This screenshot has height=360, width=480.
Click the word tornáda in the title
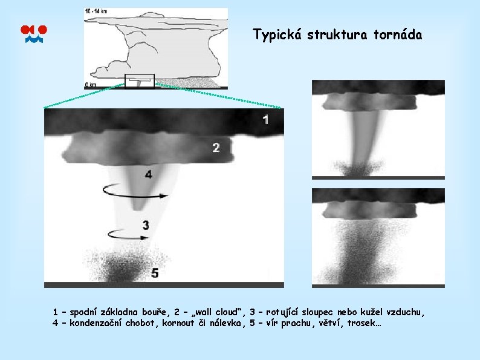(x=397, y=34)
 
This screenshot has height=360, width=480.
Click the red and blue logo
(x=34, y=34)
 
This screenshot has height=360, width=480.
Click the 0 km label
(x=91, y=85)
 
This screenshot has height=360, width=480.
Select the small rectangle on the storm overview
(x=140, y=80)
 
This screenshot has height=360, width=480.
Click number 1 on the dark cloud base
(x=265, y=119)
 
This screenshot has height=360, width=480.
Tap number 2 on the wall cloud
(x=216, y=147)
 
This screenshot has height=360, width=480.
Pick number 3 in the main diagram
(x=146, y=225)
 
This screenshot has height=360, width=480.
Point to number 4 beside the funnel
(x=149, y=174)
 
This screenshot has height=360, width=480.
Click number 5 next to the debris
(x=155, y=273)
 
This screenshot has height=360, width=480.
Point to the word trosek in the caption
(x=366, y=323)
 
